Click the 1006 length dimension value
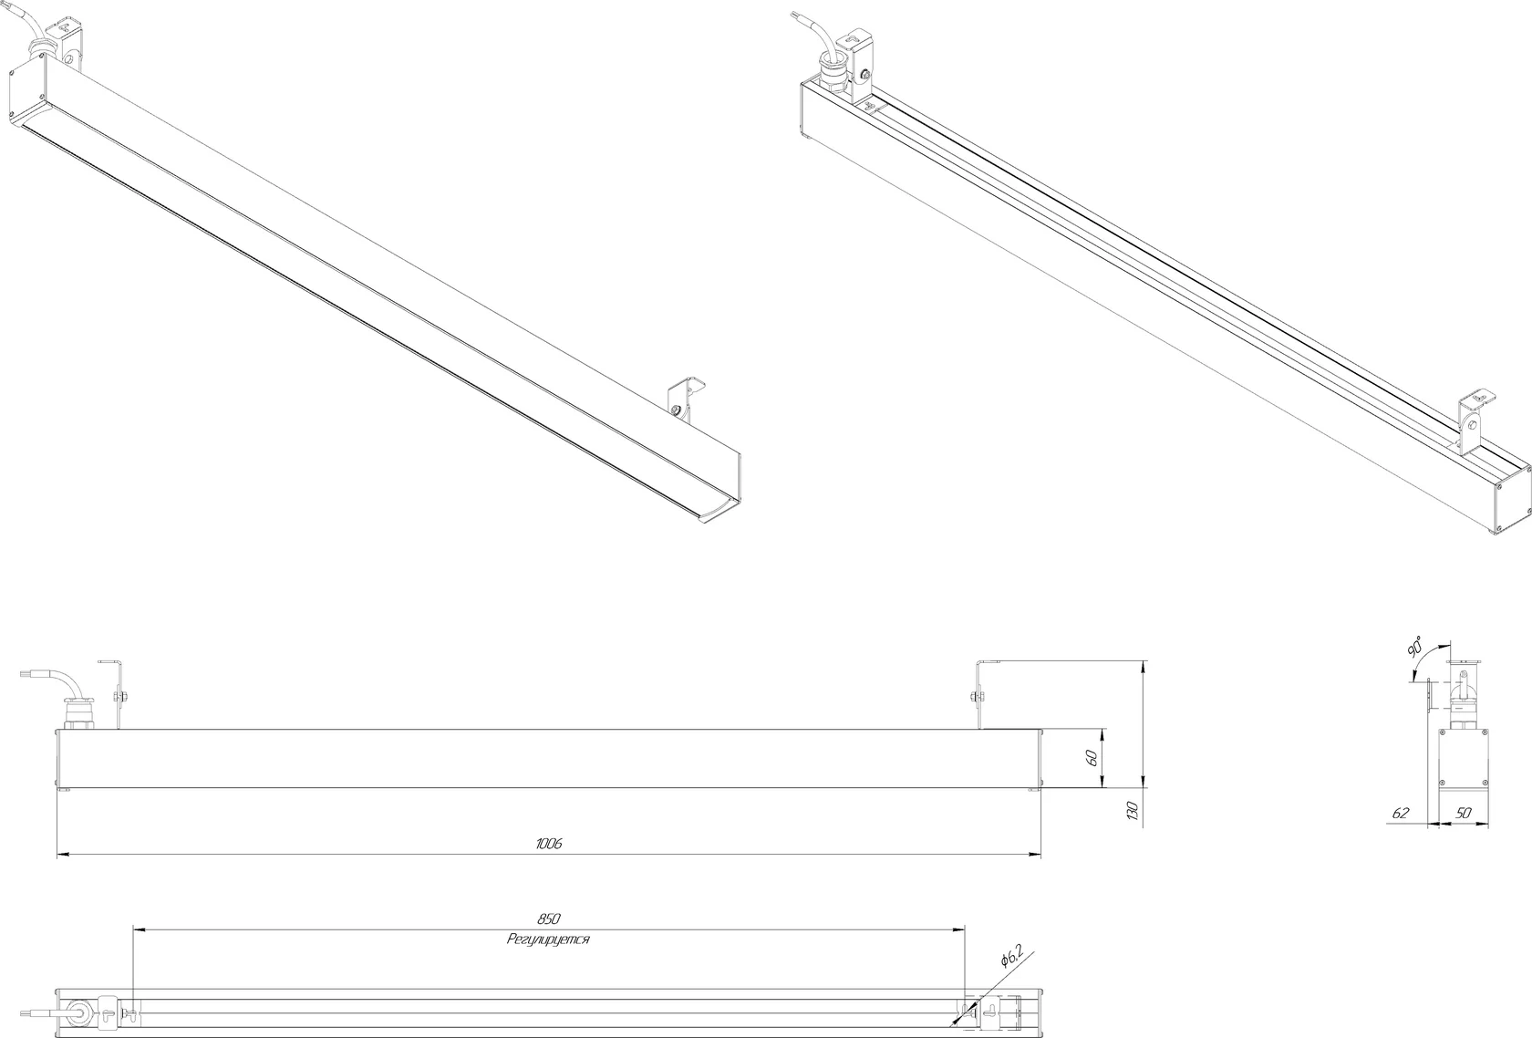point(549,844)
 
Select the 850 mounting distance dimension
point(549,919)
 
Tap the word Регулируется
point(548,939)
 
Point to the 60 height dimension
point(1092,758)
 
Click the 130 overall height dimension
point(1132,811)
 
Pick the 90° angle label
point(1414,647)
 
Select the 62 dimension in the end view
point(1401,814)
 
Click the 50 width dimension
point(1463,814)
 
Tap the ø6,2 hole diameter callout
point(1011,955)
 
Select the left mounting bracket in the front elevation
point(113,694)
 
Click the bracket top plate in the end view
point(1465,662)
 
